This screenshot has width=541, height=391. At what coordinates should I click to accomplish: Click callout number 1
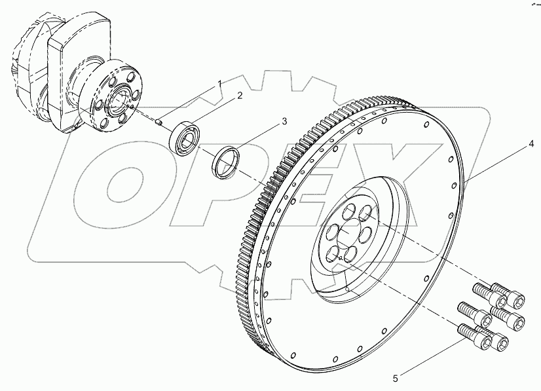tap(220, 83)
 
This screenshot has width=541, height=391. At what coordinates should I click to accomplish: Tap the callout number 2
tap(240, 96)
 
